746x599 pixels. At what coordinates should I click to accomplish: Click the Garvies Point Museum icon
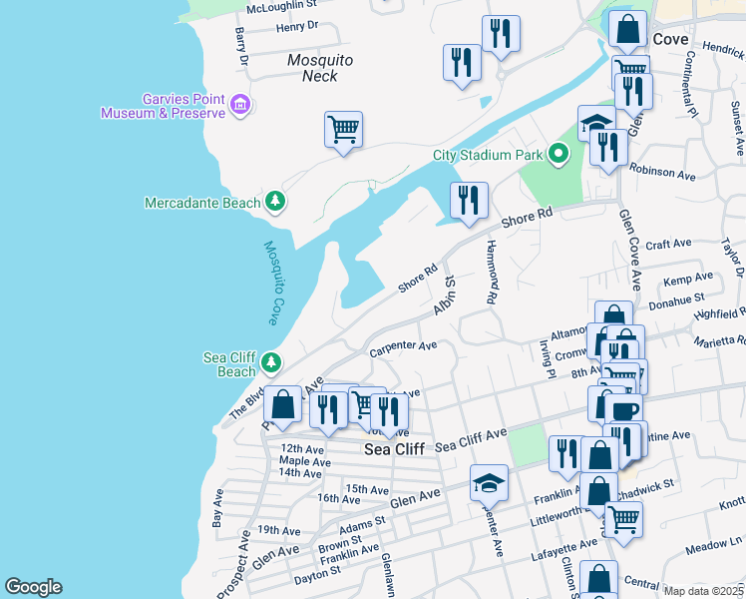[x=238, y=105]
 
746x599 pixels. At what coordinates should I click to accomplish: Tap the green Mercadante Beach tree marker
[x=275, y=203]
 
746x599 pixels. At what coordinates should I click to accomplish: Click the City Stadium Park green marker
[x=559, y=155]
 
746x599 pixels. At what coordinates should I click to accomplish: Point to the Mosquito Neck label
[x=320, y=68]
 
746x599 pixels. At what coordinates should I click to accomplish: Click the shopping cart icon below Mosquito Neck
[x=343, y=129]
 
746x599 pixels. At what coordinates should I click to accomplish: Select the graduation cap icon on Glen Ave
[x=489, y=483]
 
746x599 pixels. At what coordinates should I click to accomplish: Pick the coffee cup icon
[x=624, y=410]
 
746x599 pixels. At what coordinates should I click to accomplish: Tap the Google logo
[x=33, y=587]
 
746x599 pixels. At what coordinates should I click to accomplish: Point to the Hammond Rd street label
[x=492, y=273]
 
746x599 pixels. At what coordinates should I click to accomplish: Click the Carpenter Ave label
[x=403, y=347]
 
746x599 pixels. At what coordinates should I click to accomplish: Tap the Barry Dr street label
[x=240, y=47]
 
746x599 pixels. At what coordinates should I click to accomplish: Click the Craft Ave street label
[x=668, y=244]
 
